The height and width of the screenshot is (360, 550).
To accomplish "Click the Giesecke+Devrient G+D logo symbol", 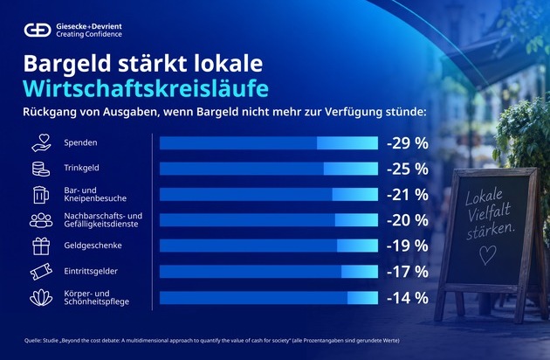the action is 38,30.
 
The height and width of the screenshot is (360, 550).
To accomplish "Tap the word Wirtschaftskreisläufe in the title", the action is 146,88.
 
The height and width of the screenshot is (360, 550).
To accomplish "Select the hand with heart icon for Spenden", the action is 41,143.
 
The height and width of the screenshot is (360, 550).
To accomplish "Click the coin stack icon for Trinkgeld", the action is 41,169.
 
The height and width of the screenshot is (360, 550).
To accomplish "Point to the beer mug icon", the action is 41,195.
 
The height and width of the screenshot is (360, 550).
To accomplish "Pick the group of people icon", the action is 41,220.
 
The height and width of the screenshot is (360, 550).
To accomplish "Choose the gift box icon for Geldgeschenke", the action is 41,246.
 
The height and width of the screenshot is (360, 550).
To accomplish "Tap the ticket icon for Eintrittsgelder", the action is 41,272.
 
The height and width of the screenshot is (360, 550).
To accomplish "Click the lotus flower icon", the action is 41,297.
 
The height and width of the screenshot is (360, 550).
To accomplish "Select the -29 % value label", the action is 408,143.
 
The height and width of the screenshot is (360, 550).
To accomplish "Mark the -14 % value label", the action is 408,298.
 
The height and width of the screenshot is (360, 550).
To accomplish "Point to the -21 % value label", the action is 408,195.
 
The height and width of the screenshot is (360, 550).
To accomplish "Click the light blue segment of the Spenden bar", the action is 347,143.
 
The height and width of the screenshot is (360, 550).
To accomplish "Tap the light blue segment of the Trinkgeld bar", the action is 351,169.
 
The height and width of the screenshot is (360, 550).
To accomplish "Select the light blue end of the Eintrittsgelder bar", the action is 360,272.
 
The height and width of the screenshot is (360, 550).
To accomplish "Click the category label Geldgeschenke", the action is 93,246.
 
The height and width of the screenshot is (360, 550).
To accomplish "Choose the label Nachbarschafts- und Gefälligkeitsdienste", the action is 103,220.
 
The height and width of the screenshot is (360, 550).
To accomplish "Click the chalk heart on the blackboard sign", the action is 487,254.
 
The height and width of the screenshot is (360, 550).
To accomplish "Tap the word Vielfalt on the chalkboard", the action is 489,213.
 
